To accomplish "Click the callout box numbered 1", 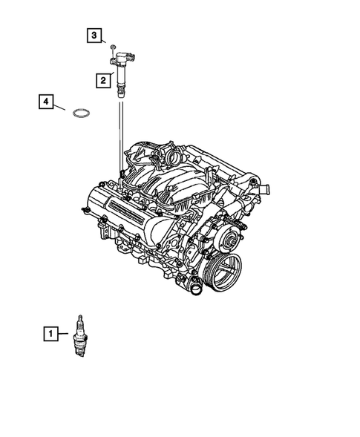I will pos(50,335).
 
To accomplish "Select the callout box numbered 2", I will pos(100,79).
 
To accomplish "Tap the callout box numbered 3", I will pos(94,35).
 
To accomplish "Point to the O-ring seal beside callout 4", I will pos(82,114).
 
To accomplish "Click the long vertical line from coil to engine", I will pos(119,137).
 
